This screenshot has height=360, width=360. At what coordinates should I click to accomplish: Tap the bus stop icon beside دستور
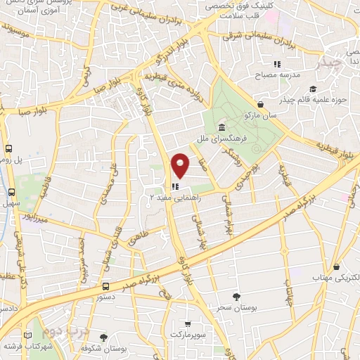pos(105,286)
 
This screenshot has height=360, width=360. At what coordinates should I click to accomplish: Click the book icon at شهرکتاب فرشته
pos(28,335)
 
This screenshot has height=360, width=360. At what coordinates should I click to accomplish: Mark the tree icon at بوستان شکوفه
pos(104,337)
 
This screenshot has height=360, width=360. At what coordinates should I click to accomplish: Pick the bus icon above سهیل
pos(11,192)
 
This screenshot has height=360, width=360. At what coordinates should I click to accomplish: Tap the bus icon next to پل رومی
pos(10,149)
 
